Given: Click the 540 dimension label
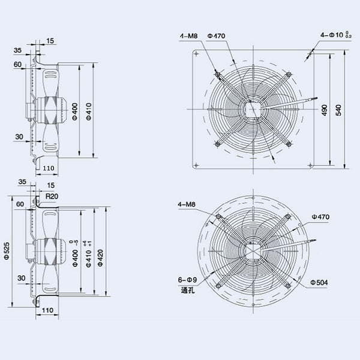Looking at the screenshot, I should (339, 110).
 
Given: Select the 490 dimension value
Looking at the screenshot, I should (325, 110).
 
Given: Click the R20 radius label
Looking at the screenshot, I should (52, 196).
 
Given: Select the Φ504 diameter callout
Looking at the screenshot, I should (318, 282).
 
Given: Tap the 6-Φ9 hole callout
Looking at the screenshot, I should (188, 280).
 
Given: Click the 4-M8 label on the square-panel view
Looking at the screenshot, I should (187, 37).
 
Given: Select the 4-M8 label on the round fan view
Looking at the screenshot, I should (187, 205).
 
